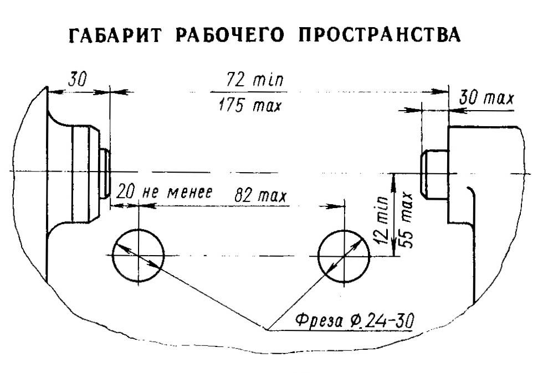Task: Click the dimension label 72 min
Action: coord(255,80)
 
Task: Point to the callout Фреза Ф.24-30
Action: coord(355,320)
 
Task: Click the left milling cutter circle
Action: coord(139,256)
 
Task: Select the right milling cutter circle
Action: coord(344,256)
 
